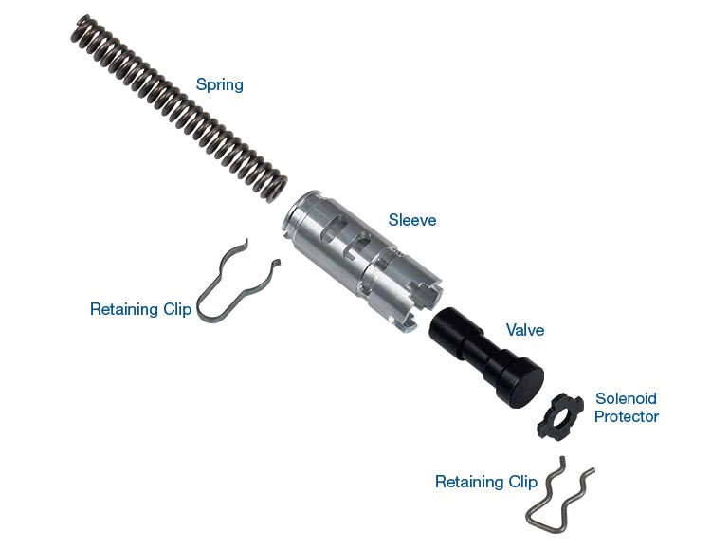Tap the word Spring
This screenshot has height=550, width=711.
[220, 84]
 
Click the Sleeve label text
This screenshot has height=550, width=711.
[412, 220]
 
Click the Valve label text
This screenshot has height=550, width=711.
[525, 330]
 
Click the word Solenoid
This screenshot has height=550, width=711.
[626, 398]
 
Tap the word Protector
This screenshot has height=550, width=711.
[627, 416]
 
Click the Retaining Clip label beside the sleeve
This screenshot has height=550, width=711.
[140, 309]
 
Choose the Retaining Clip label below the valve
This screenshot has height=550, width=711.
[486, 482]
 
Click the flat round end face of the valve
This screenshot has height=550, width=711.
[526, 388]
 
